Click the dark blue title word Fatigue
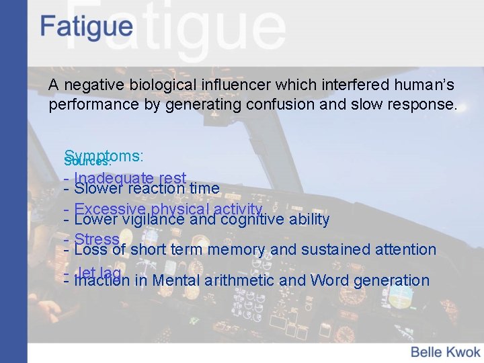(x=86, y=28)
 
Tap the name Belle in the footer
(x=427, y=351)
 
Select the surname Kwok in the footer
(x=463, y=351)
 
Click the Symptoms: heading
(x=108, y=156)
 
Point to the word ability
(x=309, y=219)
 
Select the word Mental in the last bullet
(x=176, y=280)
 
